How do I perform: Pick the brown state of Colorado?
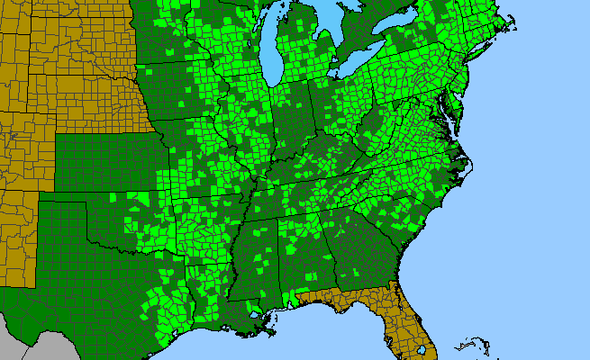point(23,153)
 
